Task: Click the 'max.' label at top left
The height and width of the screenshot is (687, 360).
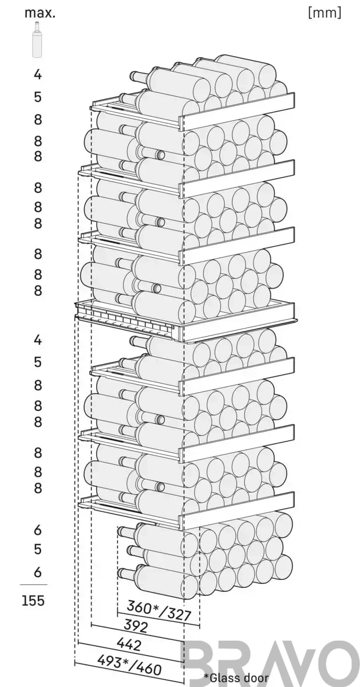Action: (40, 14)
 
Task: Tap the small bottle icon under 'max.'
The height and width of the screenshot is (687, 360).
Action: (37, 40)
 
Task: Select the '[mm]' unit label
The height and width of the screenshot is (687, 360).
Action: (325, 13)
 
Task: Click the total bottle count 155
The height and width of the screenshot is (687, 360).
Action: (33, 601)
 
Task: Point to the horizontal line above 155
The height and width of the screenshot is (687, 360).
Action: (34, 585)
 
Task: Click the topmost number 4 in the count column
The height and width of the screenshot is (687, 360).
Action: (38, 74)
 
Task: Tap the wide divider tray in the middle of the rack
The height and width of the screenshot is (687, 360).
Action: (185, 321)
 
